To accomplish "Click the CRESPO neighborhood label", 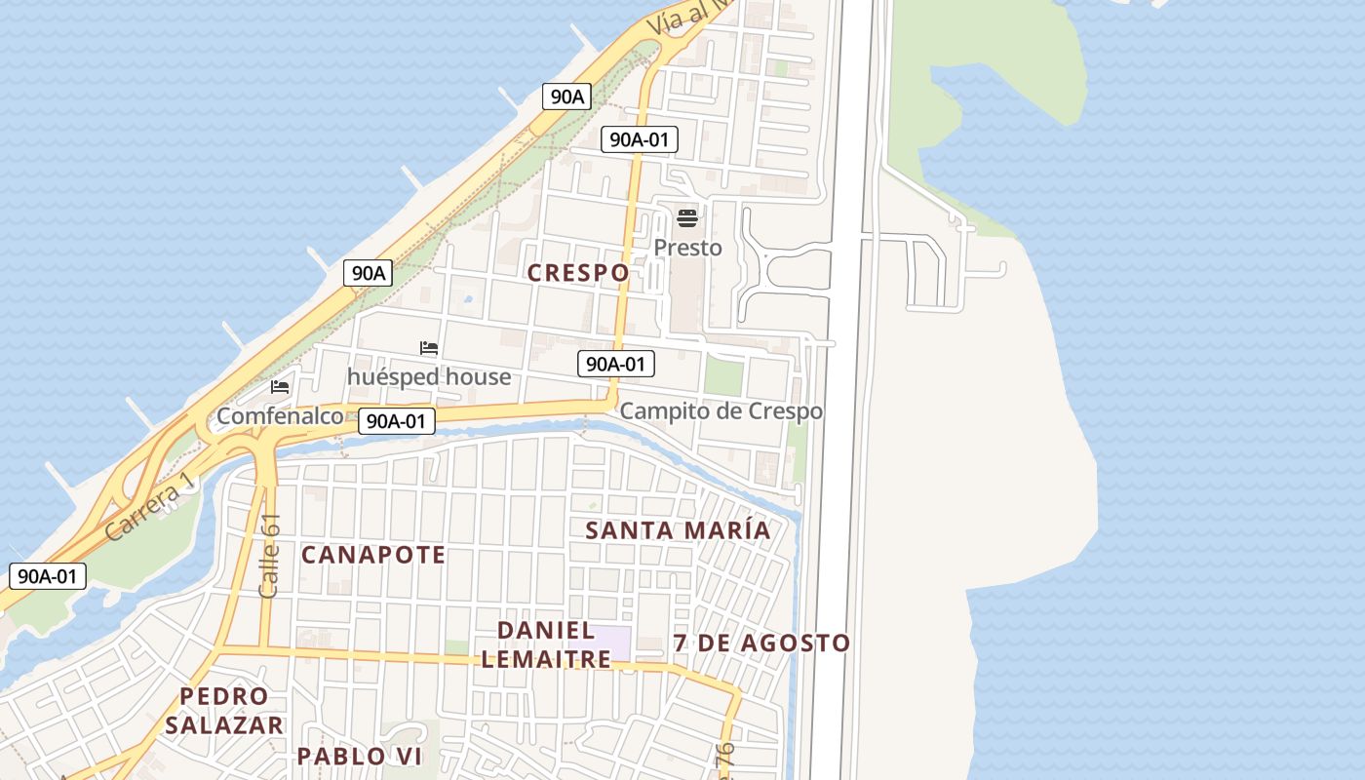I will (578, 273).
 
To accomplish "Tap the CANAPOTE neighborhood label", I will (373, 555).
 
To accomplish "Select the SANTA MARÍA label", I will (678, 530).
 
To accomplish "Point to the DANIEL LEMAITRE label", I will (546, 644).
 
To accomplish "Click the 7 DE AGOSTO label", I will (761, 643).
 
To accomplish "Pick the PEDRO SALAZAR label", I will (224, 711).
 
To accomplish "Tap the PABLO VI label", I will (359, 756).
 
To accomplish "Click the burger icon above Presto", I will (687, 217).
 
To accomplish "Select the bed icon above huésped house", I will (428, 348).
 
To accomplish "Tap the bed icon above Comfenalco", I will (280, 387).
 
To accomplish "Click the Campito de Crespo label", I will (721, 411).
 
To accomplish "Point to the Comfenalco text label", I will (280, 416).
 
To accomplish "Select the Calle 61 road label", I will (270, 556).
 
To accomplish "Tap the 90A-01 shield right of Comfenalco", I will (396, 421).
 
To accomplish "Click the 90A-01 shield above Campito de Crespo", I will (615, 365).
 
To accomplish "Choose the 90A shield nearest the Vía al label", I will (566, 97).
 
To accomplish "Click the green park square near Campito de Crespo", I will (722, 376).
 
